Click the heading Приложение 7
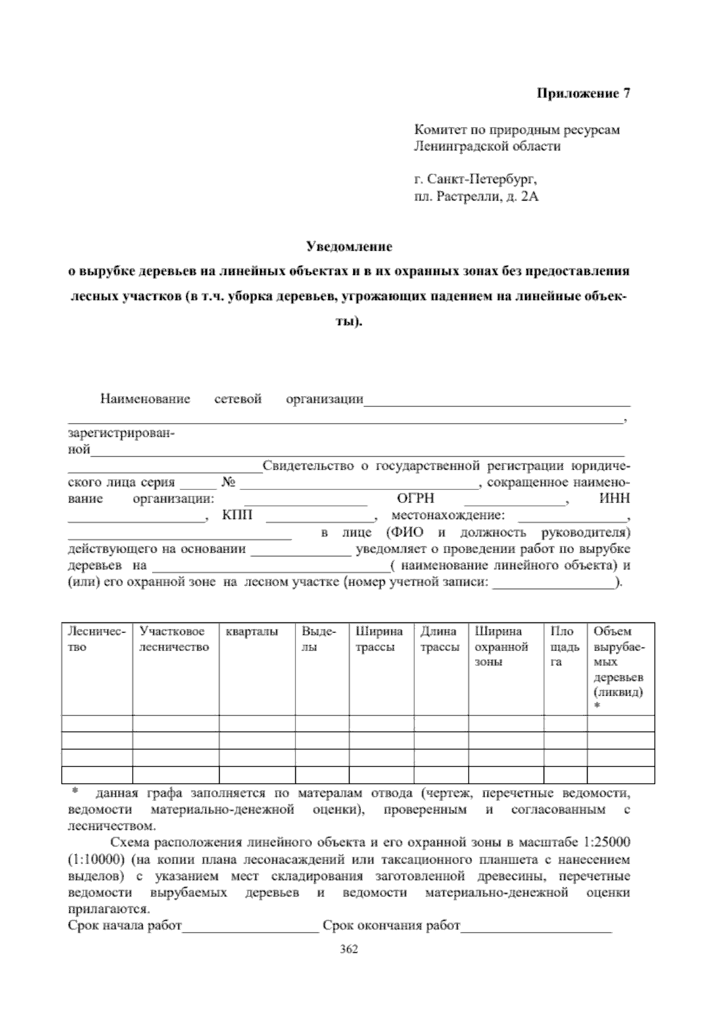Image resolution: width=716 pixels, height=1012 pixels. [x=584, y=93]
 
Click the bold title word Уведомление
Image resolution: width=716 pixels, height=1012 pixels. [x=349, y=246]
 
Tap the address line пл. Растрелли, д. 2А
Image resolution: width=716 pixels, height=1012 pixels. [x=476, y=196]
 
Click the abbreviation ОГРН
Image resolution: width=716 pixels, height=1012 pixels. [x=415, y=499]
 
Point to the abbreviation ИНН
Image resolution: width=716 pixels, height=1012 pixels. [x=615, y=499]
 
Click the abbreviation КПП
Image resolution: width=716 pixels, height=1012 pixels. [x=237, y=516]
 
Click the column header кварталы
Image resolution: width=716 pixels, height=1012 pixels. [x=252, y=632]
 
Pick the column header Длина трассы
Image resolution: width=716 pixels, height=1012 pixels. [x=440, y=639]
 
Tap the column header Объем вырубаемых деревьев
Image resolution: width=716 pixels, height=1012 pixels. [x=619, y=662]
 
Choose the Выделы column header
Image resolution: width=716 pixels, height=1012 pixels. [x=319, y=639]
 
